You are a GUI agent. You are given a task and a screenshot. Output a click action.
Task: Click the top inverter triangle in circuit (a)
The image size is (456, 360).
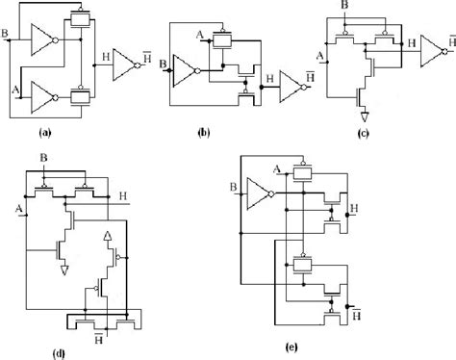(x=43, y=39)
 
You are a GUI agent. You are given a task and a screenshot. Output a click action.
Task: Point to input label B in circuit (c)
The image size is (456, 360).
(x=371, y=10)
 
